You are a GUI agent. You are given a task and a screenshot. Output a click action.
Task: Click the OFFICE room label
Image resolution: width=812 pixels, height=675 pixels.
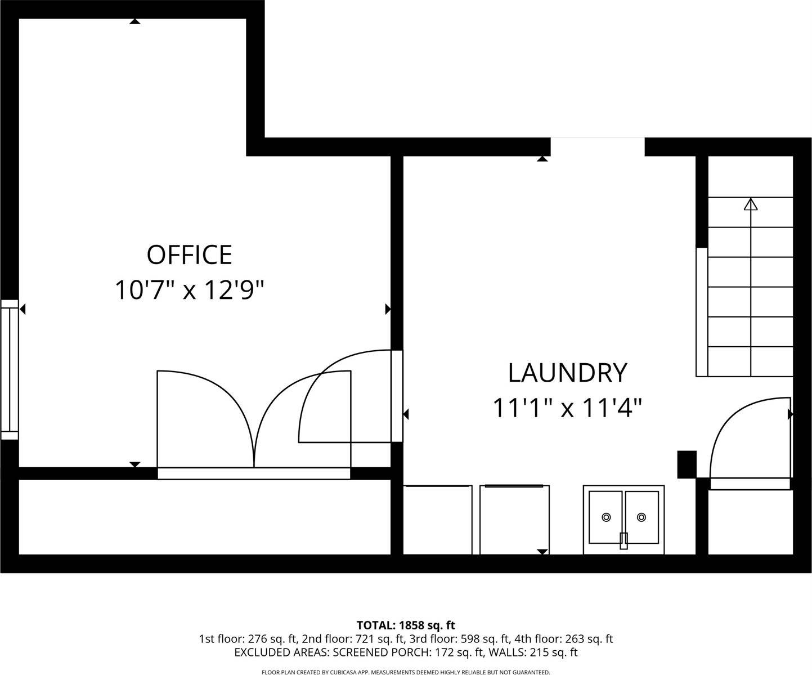click(x=189, y=255)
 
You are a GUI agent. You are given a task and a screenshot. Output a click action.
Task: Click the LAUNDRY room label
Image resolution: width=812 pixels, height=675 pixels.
click(x=567, y=373)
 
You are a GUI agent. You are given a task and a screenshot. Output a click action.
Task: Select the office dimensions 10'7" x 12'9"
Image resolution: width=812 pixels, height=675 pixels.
click(x=189, y=290)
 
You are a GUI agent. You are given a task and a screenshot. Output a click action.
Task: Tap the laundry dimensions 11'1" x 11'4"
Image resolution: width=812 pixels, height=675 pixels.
click(x=567, y=408)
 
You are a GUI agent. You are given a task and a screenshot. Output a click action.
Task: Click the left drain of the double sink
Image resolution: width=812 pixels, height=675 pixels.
click(x=606, y=517)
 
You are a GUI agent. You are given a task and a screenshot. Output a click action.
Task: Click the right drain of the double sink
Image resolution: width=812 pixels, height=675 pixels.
click(x=641, y=517)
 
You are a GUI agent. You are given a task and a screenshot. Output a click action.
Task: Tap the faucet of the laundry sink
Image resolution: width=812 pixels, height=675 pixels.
click(x=623, y=540)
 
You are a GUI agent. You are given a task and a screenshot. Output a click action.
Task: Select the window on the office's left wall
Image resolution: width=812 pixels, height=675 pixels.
click(x=10, y=369)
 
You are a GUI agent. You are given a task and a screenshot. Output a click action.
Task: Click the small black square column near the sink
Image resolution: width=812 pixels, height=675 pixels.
click(x=687, y=464)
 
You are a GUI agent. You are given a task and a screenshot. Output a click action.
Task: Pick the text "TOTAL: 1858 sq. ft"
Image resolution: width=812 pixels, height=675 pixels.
click(x=406, y=625)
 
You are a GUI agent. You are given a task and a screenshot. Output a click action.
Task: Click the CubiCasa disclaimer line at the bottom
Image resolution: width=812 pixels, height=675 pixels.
click(x=406, y=672)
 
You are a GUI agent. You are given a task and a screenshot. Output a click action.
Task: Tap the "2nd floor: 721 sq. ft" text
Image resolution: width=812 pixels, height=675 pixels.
click(x=353, y=639)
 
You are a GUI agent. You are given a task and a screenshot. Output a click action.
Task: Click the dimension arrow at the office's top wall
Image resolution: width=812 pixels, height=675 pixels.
click(x=134, y=21)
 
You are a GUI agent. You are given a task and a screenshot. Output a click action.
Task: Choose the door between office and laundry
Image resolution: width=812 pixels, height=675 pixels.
click(x=397, y=396)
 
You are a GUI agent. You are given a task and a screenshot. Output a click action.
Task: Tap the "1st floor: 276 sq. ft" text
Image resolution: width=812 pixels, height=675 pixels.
click(x=249, y=639)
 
